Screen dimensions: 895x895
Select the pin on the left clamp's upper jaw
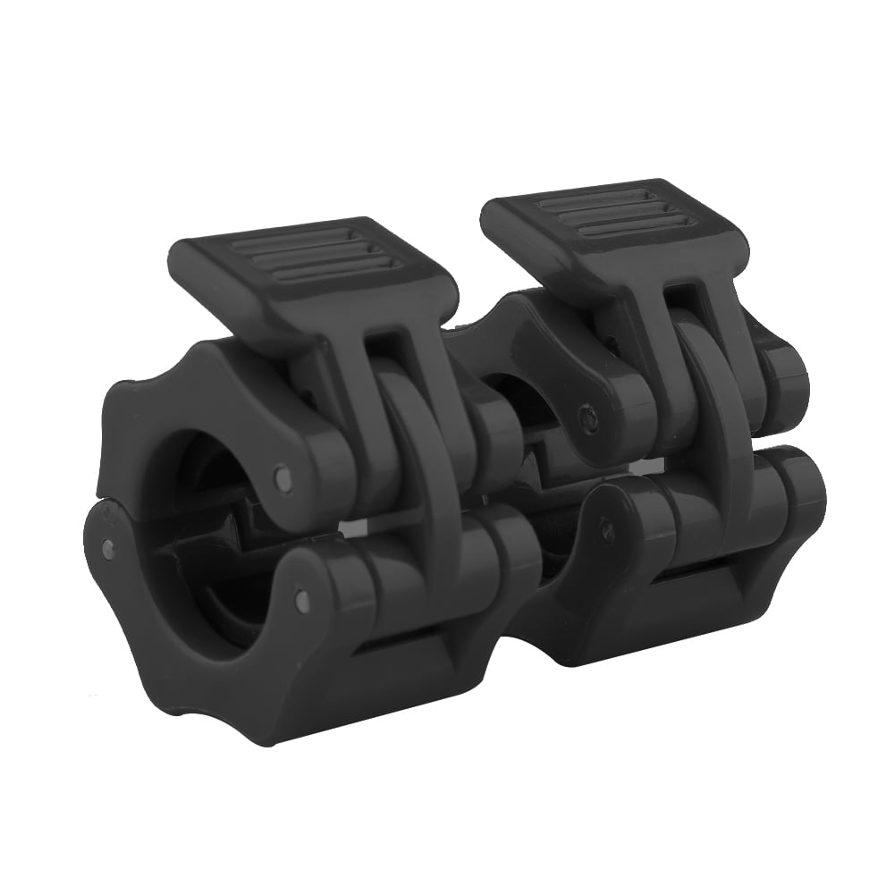tap(283, 478)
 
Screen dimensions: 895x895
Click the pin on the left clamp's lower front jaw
tap(301, 602)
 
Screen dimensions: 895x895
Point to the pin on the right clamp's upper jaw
tap(587, 415)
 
